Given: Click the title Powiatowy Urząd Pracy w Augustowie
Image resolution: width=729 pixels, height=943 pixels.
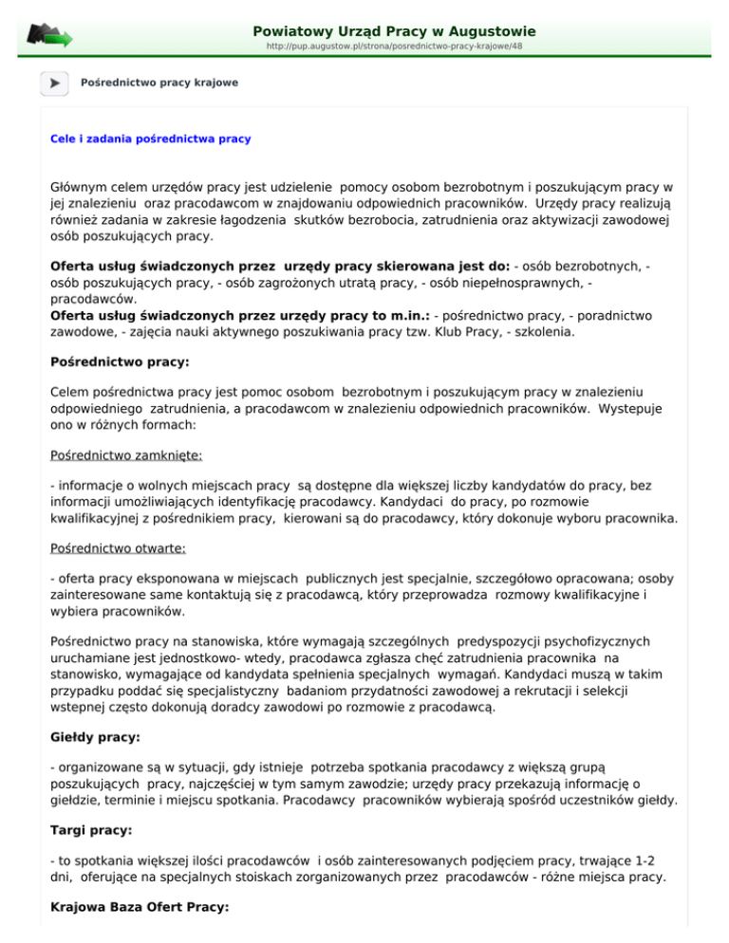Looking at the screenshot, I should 387,31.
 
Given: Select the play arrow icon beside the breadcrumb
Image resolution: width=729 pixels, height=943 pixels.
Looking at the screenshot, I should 54,83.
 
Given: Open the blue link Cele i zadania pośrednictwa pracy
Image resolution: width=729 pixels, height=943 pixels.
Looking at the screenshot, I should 150,139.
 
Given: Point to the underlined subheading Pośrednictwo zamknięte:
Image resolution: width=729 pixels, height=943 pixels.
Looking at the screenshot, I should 115,454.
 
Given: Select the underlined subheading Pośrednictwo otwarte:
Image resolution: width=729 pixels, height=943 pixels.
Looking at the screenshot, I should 107,548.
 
